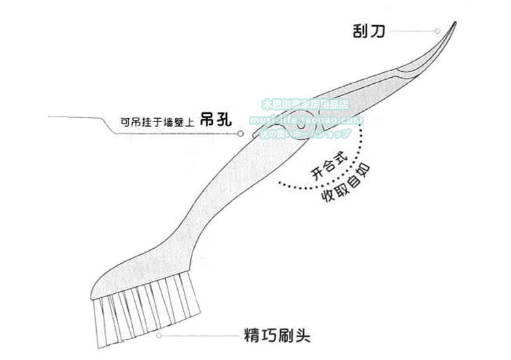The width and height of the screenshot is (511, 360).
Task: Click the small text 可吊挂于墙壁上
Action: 157,123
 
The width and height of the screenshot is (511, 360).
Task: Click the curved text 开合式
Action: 326,164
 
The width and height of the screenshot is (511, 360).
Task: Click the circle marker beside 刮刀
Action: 437,31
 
